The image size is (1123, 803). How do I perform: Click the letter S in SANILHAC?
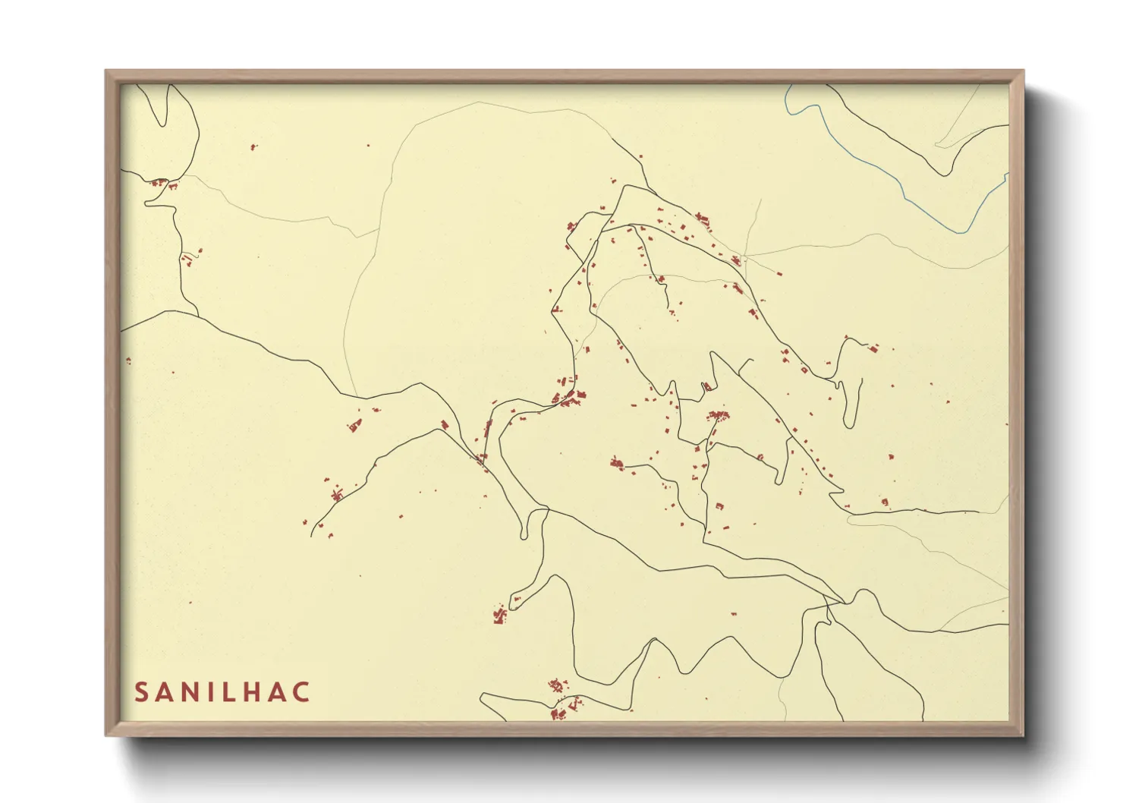(x=142, y=692)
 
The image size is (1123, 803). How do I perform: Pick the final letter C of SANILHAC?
(x=302, y=692)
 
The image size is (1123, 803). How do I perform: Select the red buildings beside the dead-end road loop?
(x=499, y=614)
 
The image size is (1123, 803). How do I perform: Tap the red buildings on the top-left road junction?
(x=160, y=183)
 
